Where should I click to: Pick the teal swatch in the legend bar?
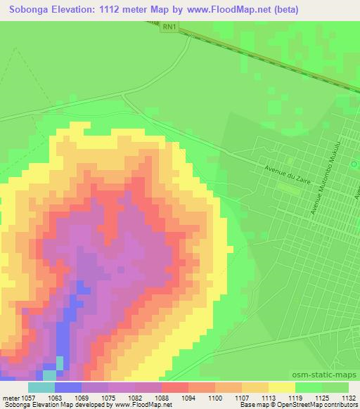[x=41, y=387]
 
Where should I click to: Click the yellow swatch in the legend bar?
[x=282, y=387]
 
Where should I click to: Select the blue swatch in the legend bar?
[x=68, y=387]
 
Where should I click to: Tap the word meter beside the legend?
[x=10, y=397]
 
